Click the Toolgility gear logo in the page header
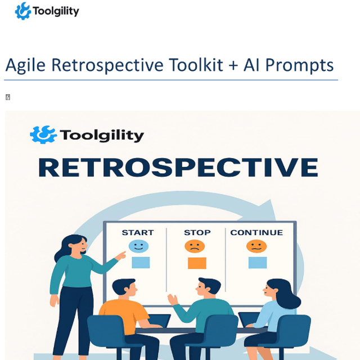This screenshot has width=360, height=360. point(22,11)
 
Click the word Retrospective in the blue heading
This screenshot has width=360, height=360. point(107,65)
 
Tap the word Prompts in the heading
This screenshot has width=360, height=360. point(299,65)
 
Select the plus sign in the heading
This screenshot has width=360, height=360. point(233,66)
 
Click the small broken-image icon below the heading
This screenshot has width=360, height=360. point(8,97)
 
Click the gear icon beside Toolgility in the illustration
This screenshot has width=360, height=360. point(43,135)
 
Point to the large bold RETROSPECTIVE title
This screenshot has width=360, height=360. point(178,168)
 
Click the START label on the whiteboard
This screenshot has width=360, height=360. point(138,232)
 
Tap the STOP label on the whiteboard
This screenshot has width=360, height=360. point(197,232)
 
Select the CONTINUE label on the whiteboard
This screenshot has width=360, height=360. point(256,232)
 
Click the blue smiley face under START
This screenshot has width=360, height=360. point(138,246)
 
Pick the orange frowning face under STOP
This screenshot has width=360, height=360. point(195,246)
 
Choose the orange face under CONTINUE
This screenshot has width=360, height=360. point(256,246)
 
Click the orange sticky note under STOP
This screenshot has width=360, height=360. point(197,263)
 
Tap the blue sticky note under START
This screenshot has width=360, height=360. point(141,263)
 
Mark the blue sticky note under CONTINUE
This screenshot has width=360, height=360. point(258,263)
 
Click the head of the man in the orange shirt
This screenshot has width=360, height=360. point(124,287)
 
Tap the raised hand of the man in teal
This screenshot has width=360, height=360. point(173,299)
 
